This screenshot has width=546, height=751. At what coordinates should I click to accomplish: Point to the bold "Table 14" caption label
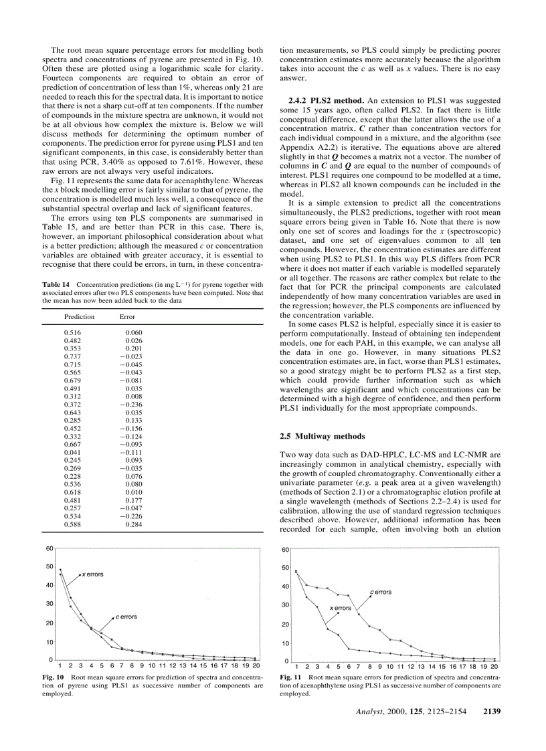[56, 285]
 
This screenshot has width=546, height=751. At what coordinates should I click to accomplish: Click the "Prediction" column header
[79, 317]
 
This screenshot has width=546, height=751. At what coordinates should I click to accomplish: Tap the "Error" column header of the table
[126, 317]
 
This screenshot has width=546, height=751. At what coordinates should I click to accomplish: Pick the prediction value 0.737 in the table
[72, 356]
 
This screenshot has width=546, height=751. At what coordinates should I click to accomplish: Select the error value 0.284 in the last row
[134, 524]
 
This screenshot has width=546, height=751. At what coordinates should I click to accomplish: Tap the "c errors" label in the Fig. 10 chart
[126, 617]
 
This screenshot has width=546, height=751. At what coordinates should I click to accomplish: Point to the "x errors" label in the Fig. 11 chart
[340, 608]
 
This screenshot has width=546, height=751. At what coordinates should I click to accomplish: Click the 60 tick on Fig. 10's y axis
[50, 548]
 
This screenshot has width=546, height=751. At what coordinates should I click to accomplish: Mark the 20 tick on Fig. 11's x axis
[494, 667]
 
